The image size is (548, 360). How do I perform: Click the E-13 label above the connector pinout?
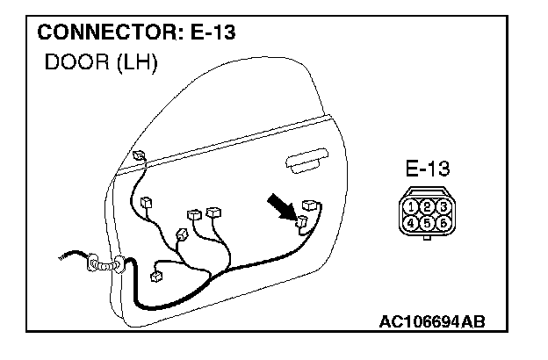pos(428,168)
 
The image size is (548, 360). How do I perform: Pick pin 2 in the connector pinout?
pos(428,207)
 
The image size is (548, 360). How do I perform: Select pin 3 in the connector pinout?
pos(444,207)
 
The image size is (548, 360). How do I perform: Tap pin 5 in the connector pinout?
pos(428,223)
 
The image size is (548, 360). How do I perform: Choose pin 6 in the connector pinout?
pos(444,223)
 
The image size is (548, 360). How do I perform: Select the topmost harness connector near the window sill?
pos(140,156)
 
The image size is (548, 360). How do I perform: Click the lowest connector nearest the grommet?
pos(156,276)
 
